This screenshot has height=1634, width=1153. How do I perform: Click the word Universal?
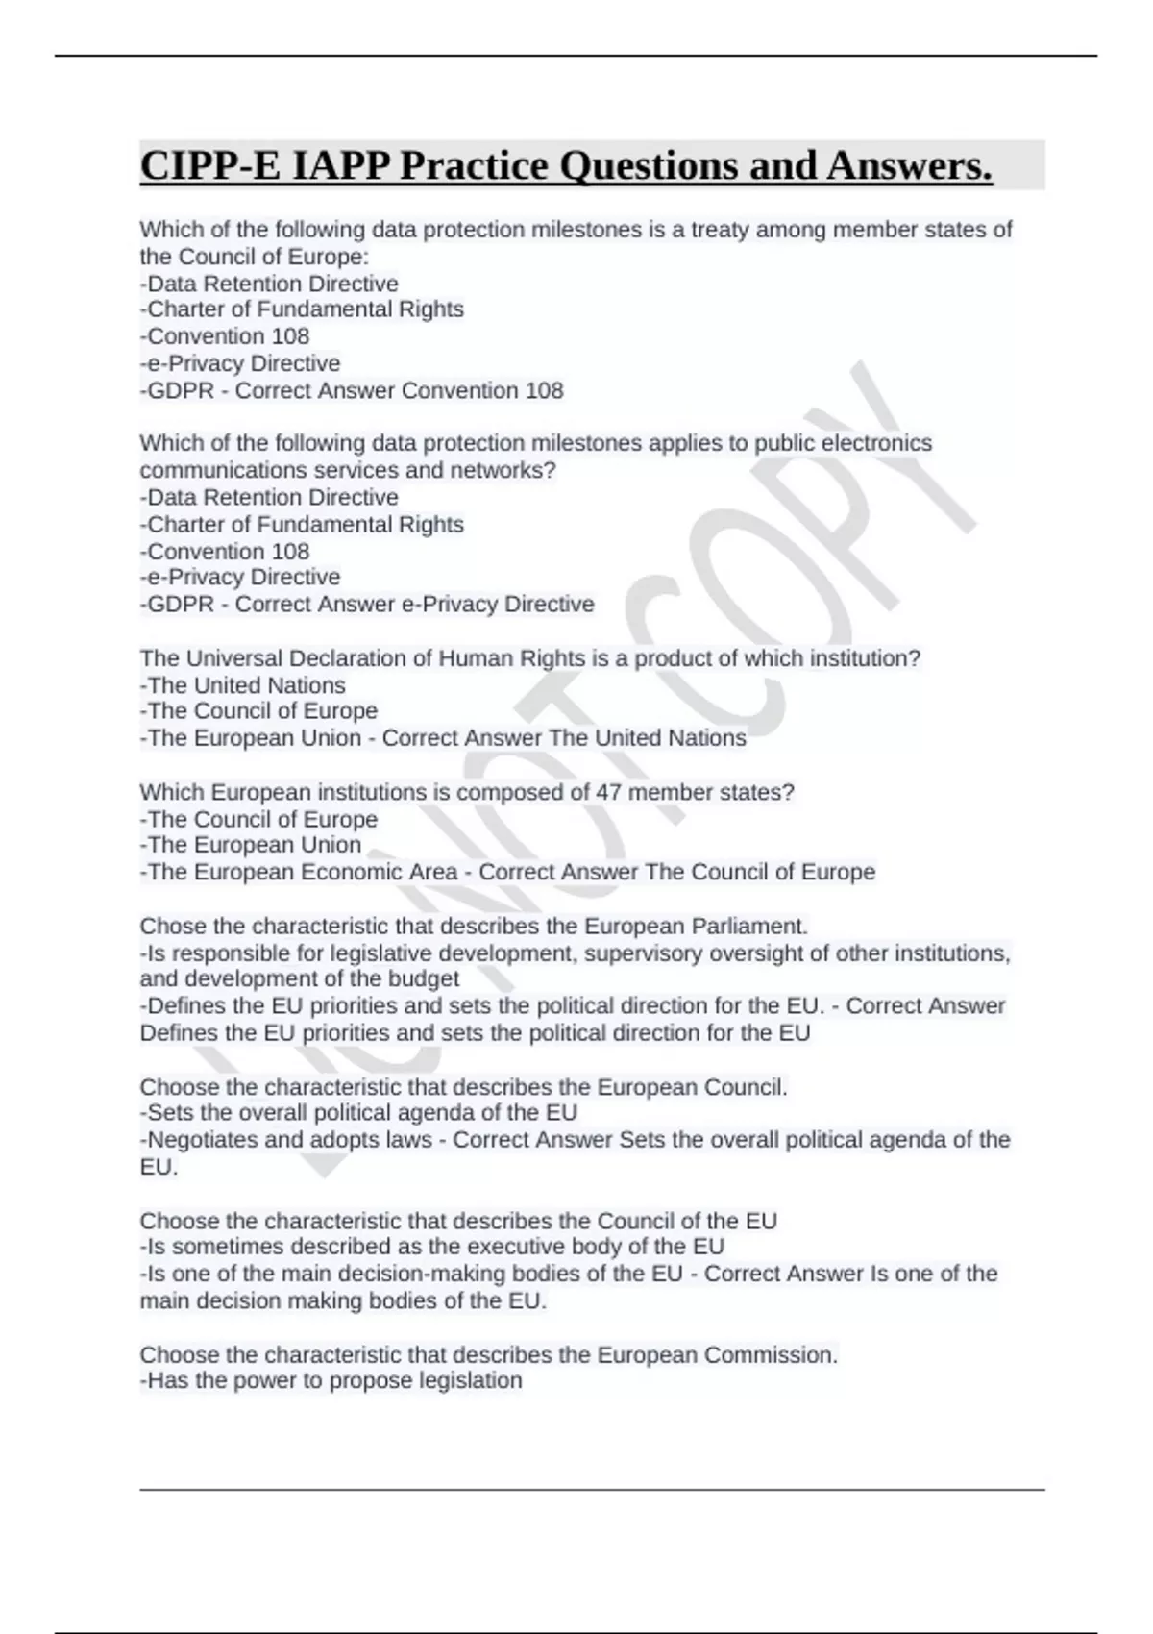(x=245, y=658)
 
